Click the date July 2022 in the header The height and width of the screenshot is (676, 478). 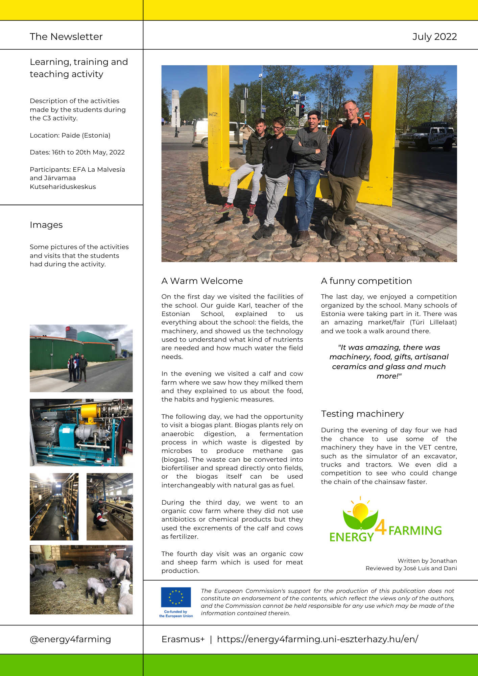pos(434,37)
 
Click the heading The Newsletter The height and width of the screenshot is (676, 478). pos(66,37)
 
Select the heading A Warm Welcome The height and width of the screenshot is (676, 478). pos(202,281)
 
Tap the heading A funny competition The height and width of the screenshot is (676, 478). pos(366,281)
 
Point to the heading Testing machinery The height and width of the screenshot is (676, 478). pos(362,414)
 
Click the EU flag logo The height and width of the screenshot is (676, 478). pos(176,597)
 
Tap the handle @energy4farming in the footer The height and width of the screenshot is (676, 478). pos(70,639)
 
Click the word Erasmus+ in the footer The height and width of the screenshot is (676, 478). pos(183,639)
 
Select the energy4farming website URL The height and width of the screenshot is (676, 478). pos(317,639)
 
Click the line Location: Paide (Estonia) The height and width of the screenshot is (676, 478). pos(70,135)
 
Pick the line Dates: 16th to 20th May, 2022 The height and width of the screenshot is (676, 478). pos(77,152)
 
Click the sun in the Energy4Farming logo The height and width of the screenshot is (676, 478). pos(360,511)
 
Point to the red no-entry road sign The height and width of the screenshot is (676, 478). pos(367,116)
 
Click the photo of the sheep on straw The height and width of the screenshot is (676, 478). pos(81,579)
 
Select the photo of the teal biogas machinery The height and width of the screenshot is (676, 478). pos(81,432)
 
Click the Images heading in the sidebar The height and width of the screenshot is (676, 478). pos(46,225)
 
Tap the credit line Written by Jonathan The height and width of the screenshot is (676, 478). pos(427,561)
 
